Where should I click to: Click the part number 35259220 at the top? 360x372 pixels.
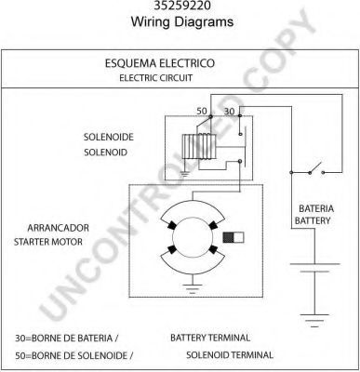[182, 5]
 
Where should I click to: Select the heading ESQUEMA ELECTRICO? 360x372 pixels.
[160, 63]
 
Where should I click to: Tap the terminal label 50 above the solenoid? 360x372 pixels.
[202, 111]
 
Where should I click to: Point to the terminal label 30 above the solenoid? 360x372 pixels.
[230, 112]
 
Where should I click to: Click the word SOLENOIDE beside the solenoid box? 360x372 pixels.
[109, 137]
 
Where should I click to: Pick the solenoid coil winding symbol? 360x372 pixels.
[199, 147]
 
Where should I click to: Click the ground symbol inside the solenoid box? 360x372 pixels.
[185, 173]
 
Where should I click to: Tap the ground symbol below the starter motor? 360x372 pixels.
[193, 287]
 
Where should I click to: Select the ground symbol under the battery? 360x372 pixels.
[314, 320]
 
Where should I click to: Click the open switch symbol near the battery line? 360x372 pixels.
[316, 169]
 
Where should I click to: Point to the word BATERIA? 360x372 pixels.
[316, 208]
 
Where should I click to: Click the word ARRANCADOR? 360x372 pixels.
[59, 228]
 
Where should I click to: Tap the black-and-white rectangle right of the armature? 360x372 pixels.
[233, 237]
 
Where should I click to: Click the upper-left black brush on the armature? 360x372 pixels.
[172, 225]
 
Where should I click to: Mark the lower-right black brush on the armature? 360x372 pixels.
[213, 249]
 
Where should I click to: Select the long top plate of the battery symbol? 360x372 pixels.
[314, 264]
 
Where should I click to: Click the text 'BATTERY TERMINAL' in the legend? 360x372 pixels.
[210, 338]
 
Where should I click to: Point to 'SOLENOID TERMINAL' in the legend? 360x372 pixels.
[230, 355]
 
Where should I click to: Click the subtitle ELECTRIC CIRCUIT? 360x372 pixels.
[156, 78]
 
